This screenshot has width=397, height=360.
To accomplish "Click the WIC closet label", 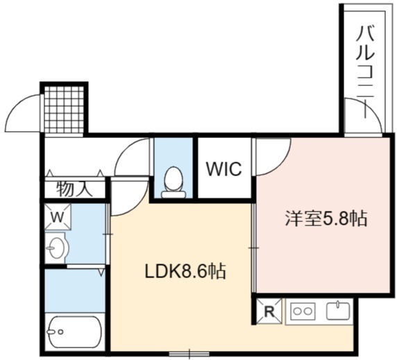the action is click(x=224, y=169).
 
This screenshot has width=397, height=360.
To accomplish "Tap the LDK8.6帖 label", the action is click(x=185, y=271).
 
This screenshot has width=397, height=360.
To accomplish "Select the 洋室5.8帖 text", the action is click(x=326, y=218).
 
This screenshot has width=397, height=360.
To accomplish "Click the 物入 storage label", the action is click(x=74, y=189).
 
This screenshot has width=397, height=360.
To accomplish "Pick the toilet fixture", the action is click(x=174, y=182).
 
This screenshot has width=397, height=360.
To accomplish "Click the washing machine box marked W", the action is click(x=58, y=217).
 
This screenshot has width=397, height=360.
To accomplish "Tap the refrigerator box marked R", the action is click(x=269, y=311).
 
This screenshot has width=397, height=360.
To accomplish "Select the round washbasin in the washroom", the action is click(x=57, y=248).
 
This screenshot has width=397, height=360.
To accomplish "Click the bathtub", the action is click(x=75, y=332).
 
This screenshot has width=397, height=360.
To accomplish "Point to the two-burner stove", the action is click(x=303, y=311).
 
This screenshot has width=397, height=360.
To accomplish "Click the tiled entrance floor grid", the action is click(x=65, y=110).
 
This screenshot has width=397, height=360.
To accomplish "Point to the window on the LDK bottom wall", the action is click(x=189, y=353).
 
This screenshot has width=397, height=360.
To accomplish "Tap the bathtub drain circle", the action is click(x=60, y=332).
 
